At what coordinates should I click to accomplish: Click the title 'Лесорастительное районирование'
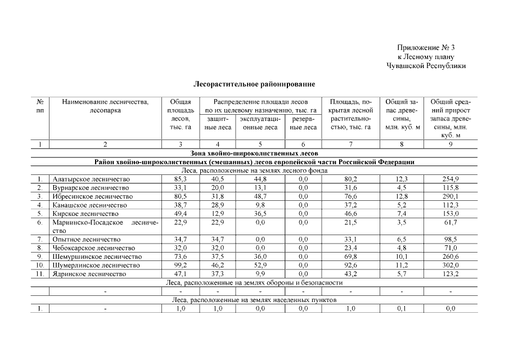[254, 84]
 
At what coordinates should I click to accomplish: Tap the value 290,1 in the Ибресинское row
[450, 196]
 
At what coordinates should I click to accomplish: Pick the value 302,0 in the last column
[450, 265]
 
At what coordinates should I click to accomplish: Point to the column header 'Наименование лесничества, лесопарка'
[105, 106]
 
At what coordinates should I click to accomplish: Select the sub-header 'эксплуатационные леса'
[259, 123]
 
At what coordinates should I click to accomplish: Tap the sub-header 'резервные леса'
[303, 123]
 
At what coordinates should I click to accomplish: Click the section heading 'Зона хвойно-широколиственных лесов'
[254, 153]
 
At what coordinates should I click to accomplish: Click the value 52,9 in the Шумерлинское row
[259, 265]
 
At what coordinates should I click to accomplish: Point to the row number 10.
[40, 265]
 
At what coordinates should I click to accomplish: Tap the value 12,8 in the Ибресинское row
[402, 196]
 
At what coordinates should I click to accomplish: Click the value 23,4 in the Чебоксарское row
[351, 248]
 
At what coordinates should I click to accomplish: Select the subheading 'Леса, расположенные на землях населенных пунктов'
[254, 300]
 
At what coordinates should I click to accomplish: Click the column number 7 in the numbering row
[351, 145]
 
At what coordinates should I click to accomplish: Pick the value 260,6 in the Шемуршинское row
[450, 256]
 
